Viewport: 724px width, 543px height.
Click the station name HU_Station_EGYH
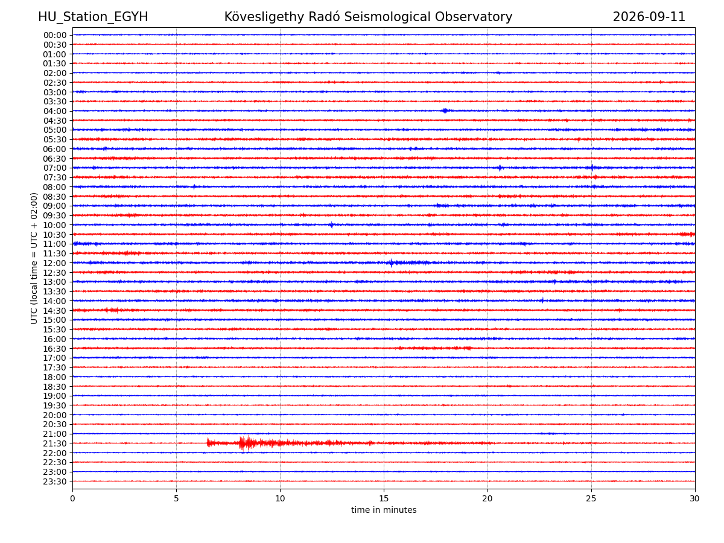coord(93,17)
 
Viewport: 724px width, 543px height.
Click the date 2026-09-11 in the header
coord(649,17)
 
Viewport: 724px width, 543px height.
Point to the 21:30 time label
coord(55,443)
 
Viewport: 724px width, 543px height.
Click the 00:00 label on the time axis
coord(55,35)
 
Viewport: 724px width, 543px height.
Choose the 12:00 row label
coord(55,263)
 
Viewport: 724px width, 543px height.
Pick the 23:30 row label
coord(55,481)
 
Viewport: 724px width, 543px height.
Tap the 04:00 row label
coord(55,111)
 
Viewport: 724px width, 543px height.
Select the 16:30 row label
coord(55,349)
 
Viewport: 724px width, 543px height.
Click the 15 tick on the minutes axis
coord(384,498)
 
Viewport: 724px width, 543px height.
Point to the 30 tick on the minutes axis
coord(694,498)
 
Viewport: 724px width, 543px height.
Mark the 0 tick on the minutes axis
coord(72,498)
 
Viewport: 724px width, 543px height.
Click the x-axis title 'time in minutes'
coord(384,510)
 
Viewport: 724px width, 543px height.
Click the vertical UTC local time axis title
coord(34,258)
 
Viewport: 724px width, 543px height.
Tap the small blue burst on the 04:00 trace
coord(445,110)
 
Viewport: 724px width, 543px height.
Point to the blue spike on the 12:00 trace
coord(391,263)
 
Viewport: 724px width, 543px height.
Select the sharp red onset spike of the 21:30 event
coord(208,442)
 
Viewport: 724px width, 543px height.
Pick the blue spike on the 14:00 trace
coord(542,300)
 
